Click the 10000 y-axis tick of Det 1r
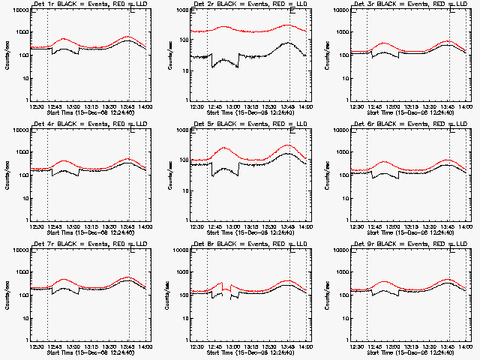[x=19, y=10]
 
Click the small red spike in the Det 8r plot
[x=222, y=283]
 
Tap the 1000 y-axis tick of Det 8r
[x=183, y=272]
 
